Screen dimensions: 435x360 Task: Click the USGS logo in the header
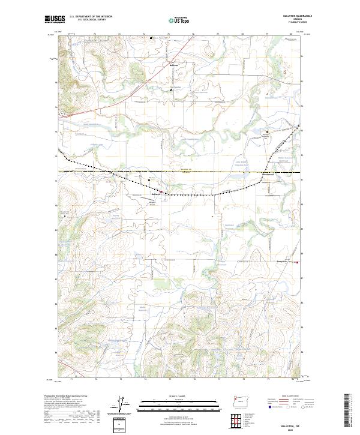pos(55,19)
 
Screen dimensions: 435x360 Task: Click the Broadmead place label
pos(269,175)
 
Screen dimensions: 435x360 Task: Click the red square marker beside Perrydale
pos(298,262)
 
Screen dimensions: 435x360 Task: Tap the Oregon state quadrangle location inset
pos(236,402)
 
